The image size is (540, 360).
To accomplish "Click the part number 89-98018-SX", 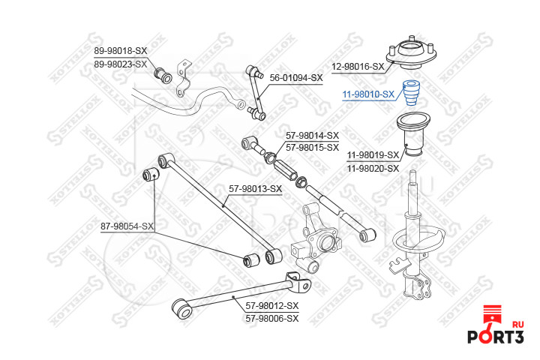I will (121, 50).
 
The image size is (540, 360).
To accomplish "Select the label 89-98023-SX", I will (121, 64).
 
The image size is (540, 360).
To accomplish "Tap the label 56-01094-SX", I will (296, 77).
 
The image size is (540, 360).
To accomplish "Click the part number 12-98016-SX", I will (358, 67).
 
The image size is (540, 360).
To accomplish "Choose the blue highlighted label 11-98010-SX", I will (368, 94).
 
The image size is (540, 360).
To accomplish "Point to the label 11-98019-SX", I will (373, 154).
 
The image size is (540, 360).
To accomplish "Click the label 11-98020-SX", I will (373, 168).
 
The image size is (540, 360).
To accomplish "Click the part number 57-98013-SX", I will (255, 188).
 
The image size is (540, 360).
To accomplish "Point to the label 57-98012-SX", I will (271, 305).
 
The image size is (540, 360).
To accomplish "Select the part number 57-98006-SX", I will (271, 318).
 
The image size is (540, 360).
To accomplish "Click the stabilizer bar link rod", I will (257, 91).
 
